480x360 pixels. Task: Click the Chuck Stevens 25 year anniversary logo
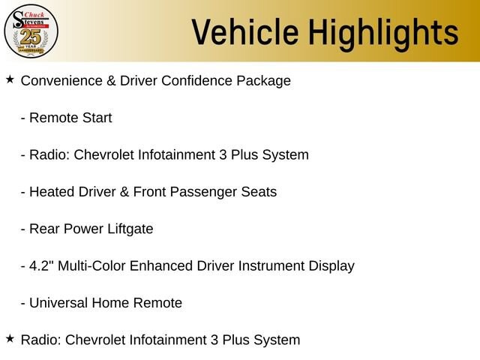pos(31,31)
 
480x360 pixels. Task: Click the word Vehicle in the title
pos(245,32)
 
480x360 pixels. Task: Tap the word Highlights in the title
pos(383,34)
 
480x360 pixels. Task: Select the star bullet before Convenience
pos(10,79)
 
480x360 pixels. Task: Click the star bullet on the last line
pos(10,338)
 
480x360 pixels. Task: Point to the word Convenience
pos(61,81)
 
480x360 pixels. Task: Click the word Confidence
pos(196,81)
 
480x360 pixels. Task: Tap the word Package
pos(263,82)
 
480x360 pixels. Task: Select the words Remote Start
pos(70,118)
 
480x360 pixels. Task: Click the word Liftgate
pos(130,229)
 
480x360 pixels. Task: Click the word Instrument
pos(271,265)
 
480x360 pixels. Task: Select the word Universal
pos(58,303)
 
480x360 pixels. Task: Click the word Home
pos(110,303)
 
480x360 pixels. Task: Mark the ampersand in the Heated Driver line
pos(124,192)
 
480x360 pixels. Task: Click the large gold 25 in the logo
pos(31,37)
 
